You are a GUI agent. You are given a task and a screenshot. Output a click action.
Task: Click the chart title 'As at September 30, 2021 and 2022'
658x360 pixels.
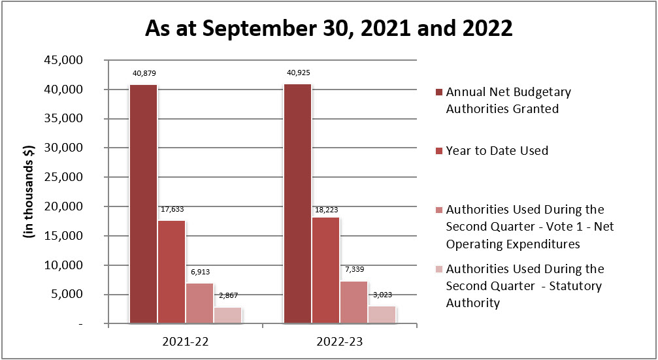tap(329, 29)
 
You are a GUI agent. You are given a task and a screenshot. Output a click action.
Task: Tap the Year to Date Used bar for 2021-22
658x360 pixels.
tap(171, 272)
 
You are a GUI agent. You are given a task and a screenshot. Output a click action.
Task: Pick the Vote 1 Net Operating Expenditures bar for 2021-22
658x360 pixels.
tap(199, 303)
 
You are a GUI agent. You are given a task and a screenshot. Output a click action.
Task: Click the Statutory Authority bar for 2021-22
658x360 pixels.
tap(227, 315)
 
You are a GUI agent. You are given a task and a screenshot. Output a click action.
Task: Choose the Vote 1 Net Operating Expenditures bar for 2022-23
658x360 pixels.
tap(354, 302)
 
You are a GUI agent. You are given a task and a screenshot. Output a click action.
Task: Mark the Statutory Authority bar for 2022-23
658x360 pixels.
tap(382, 314)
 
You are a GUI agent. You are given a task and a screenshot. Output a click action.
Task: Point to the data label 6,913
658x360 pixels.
tap(199, 270)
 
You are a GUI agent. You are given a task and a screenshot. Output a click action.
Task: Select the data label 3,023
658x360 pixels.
tap(382, 294)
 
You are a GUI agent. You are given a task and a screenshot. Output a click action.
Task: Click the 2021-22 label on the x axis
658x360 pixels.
tap(185, 341)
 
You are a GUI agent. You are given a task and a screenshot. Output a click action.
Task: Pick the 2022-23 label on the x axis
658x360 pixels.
tap(340, 341)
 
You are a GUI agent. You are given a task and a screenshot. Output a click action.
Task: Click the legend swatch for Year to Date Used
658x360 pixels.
tap(438, 151)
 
